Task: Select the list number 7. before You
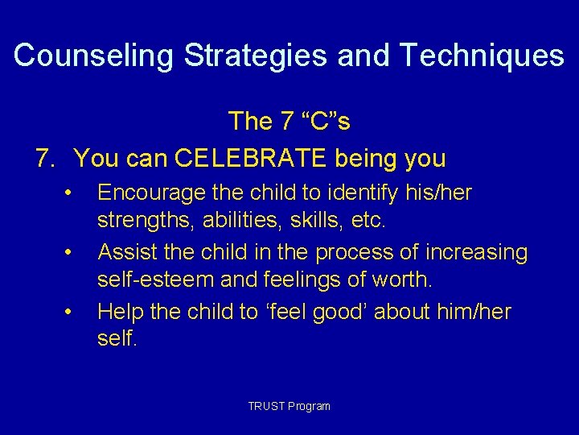tap(47, 159)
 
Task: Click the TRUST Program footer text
tap(289, 406)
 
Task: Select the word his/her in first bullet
tap(434, 193)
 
